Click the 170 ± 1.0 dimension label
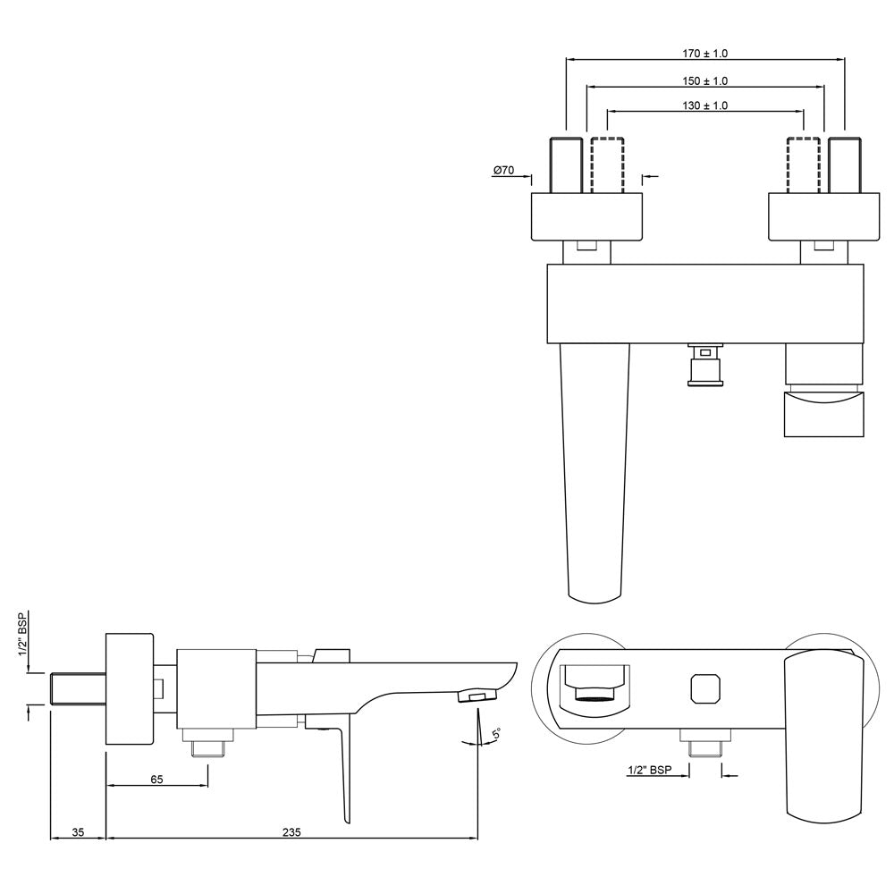click(704, 55)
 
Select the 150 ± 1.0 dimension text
click(704, 81)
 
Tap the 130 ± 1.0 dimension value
click(704, 105)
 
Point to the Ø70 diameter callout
click(503, 171)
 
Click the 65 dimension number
click(156, 780)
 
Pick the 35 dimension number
click(77, 832)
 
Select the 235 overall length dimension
click(291, 832)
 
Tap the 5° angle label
click(496, 735)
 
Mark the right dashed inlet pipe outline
click(804, 164)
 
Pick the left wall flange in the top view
click(587, 217)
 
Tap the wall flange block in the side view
click(131, 688)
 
